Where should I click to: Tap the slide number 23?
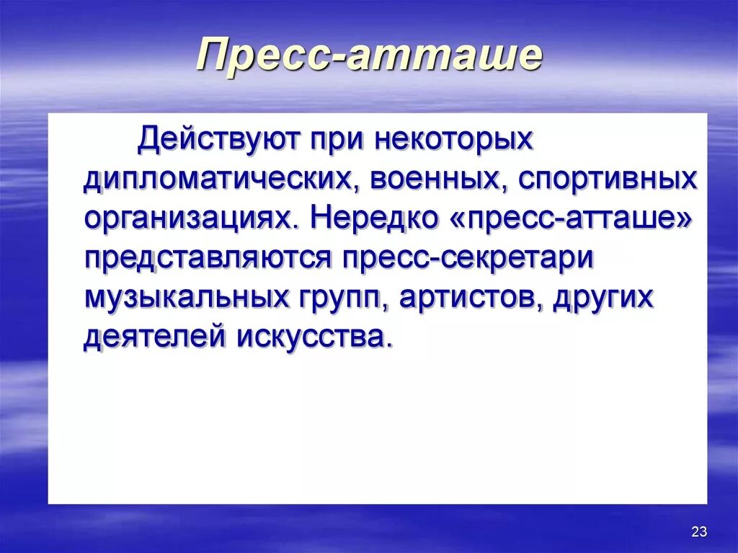pyautogui.click(x=698, y=532)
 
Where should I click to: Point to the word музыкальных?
pyautogui.click(x=189, y=298)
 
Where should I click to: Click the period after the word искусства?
pyautogui.click(x=390, y=346)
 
